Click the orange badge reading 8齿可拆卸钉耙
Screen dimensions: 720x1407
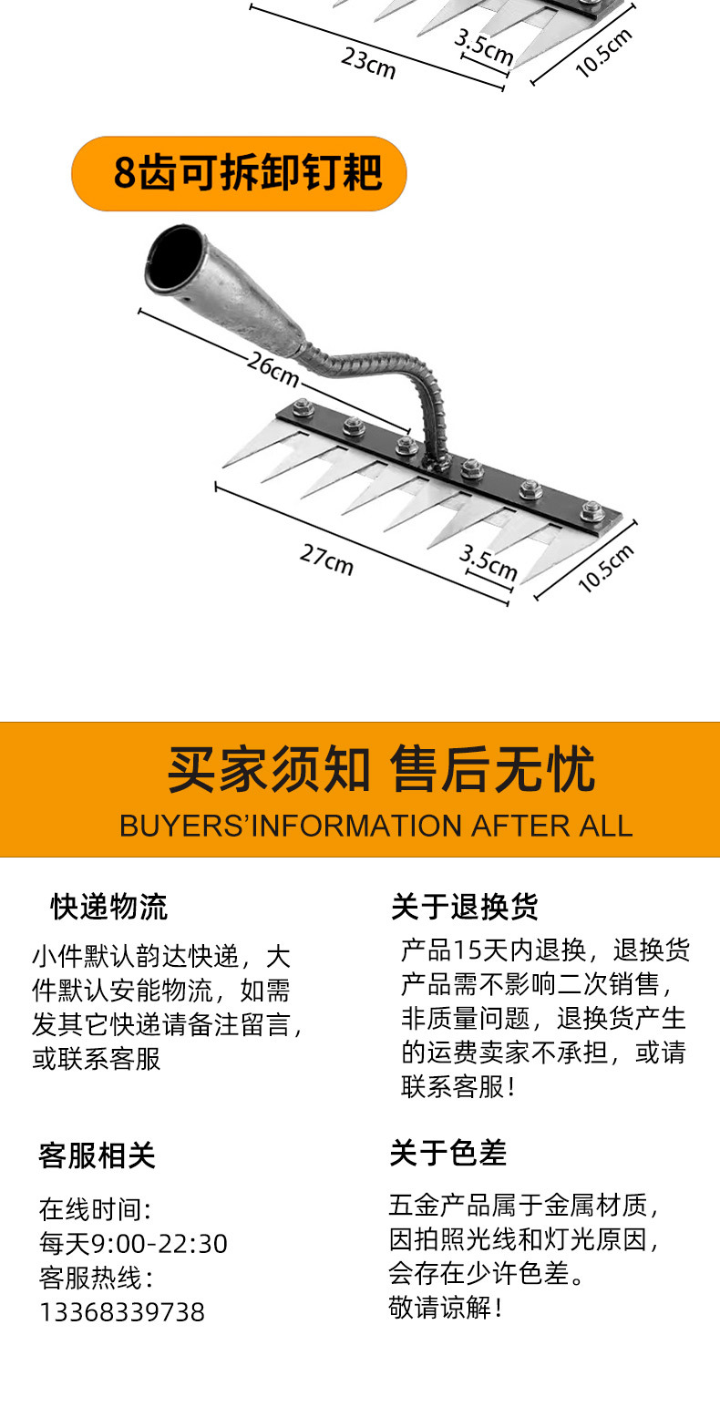click(x=239, y=173)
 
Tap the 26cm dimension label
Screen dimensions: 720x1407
click(x=273, y=369)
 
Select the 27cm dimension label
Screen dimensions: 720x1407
click(x=326, y=559)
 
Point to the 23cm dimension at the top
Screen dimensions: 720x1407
click(x=368, y=64)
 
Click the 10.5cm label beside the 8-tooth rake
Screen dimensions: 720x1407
click(x=605, y=569)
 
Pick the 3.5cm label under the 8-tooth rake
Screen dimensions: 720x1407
click(x=489, y=563)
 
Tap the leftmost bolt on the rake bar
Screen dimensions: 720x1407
click(x=303, y=408)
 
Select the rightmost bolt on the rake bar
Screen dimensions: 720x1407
click(x=591, y=511)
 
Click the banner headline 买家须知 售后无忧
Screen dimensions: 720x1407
click(x=381, y=769)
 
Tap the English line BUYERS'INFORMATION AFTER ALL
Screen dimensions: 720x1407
click(x=375, y=826)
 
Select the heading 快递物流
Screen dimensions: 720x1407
click(x=108, y=907)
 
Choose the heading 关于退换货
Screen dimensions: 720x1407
click(x=464, y=907)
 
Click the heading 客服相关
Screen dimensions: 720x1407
click(x=97, y=1155)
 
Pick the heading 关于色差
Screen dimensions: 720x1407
click(x=448, y=1153)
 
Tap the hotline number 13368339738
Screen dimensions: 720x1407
click(x=122, y=1312)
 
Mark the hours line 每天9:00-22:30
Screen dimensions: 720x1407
click(x=133, y=1244)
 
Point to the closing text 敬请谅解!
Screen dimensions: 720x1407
click(x=445, y=1308)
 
